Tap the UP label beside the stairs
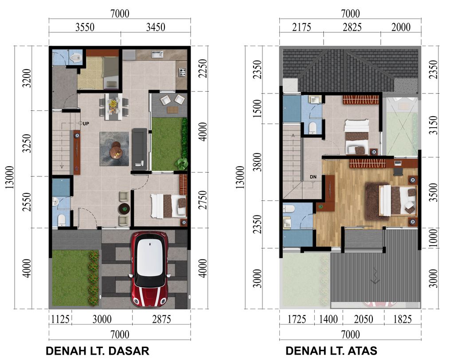[86, 123]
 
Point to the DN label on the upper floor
[313, 177]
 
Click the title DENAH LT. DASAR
[98, 351]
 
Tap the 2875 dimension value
[161, 320]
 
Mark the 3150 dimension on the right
[434, 125]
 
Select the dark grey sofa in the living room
[140, 149]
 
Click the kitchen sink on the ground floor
[157, 55]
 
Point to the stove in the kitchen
[182, 71]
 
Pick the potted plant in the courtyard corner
[181, 164]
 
